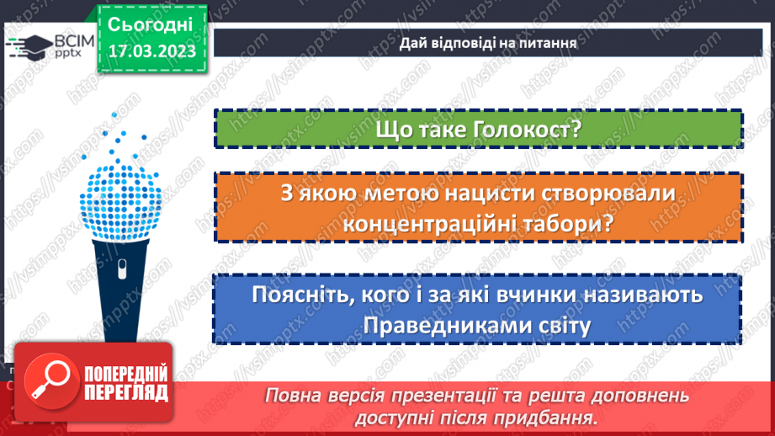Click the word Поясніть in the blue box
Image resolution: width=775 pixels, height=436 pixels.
300,296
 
